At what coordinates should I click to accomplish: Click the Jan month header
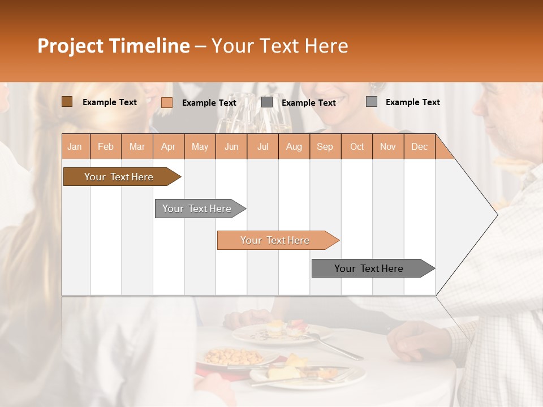75,146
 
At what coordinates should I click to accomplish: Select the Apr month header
168,146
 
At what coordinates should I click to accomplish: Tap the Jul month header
262,146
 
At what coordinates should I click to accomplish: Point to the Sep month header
325,146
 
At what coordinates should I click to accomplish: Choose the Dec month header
419,146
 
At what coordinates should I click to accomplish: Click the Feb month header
106,146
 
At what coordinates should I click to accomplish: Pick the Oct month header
357,146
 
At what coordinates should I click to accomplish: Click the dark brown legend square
67,102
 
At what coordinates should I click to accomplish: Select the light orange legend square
166,102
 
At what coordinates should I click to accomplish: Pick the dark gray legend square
267,102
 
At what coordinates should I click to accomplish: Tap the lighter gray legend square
372,102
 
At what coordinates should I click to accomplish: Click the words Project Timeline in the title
113,46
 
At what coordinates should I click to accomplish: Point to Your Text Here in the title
279,46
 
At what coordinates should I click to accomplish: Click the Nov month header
388,146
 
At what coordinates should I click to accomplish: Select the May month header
200,146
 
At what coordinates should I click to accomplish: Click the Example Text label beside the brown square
110,102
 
